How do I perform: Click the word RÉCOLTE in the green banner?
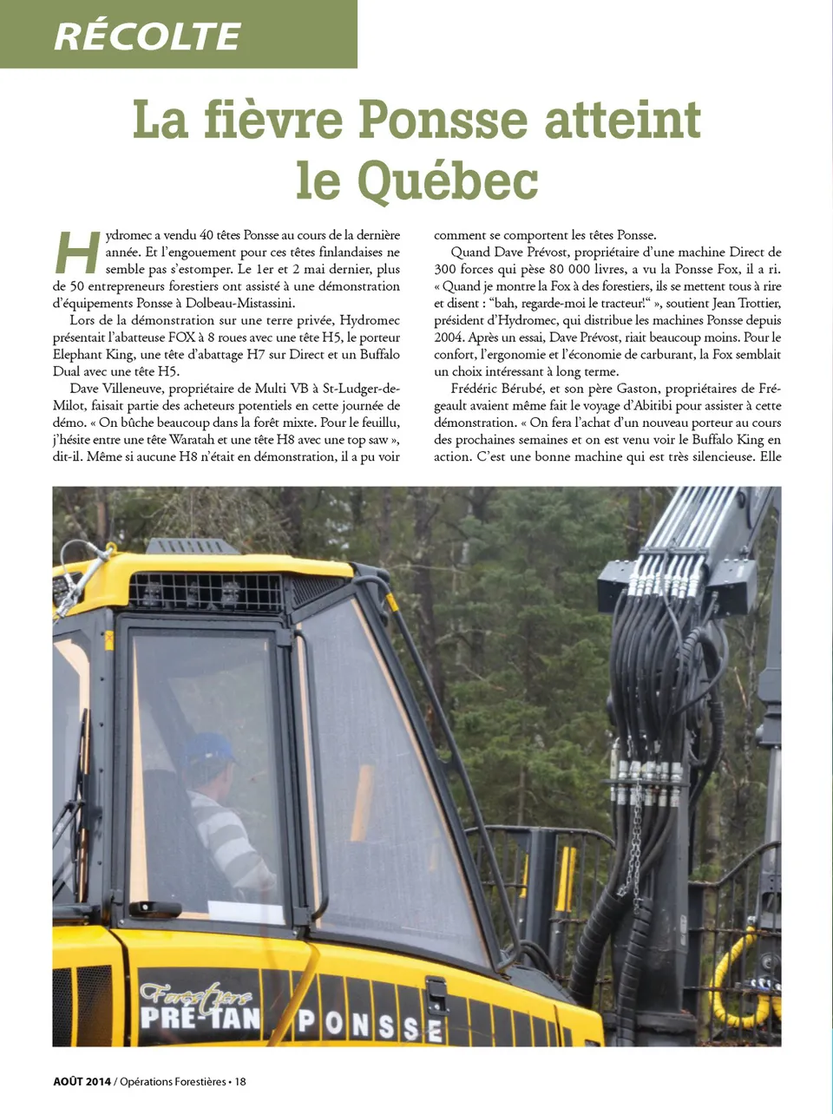coord(148,36)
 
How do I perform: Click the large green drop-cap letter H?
coord(77,252)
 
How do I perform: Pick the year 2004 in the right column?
coord(449,337)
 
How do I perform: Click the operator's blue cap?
coord(211,747)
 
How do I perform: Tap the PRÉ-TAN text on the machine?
coord(200,1016)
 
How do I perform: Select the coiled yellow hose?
coord(737,980)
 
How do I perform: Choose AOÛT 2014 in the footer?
coord(82,1081)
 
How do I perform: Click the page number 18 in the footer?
coord(240,1081)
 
